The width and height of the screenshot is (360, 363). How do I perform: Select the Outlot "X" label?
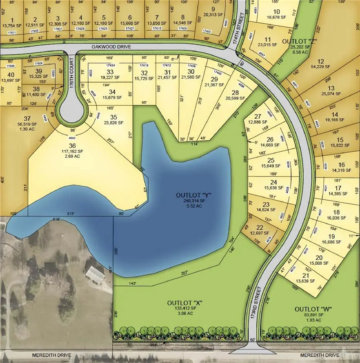tap(185, 303)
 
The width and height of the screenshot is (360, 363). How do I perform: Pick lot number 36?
tap(73, 146)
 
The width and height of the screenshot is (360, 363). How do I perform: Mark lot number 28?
tap(236, 81)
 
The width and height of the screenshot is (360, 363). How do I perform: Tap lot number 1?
tap(12, 20)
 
